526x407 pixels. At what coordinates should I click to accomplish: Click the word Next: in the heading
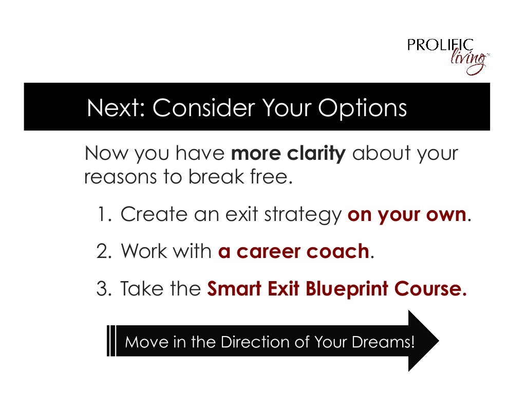point(116,108)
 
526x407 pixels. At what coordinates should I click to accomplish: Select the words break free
point(240,177)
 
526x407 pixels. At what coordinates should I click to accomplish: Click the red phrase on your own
point(407,215)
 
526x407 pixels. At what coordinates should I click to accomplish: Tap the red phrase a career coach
point(293,252)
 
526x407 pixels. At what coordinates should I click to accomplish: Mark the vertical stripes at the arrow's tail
point(111,341)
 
